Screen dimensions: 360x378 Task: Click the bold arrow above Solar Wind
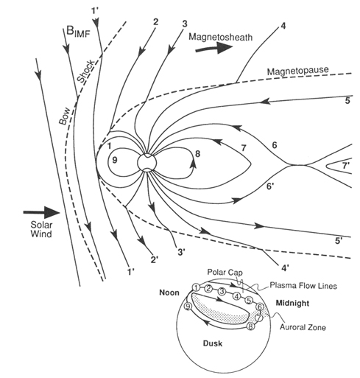tap(42, 212)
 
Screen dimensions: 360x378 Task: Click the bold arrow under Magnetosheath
tap(214, 48)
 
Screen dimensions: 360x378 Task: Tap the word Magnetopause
tap(297, 71)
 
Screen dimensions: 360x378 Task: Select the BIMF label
tap(78, 32)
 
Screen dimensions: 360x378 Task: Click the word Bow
tap(64, 116)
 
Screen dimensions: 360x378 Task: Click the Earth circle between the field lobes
tap(147, 162)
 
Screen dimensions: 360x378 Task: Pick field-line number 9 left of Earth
tap(115, 160)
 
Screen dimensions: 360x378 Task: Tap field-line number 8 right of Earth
tap(197, 154)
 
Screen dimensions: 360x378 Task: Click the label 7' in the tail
tap(345, 166)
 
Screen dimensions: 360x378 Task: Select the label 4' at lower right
tap(284, 268)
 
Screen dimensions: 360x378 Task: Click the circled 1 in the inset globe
tap(196, 287)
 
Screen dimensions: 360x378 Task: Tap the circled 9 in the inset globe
tap(187, 307)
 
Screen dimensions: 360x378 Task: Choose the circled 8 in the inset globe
tap(250, 326)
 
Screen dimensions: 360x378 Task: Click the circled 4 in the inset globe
tap(236, 296)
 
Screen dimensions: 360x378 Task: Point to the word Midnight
tap(292, 303)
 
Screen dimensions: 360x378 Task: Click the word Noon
tap(169, 293)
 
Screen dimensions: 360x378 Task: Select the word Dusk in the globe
tap(213, 343)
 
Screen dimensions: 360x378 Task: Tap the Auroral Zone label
tap(303, 327)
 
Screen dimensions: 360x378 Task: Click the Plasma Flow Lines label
tap(303, 286)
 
